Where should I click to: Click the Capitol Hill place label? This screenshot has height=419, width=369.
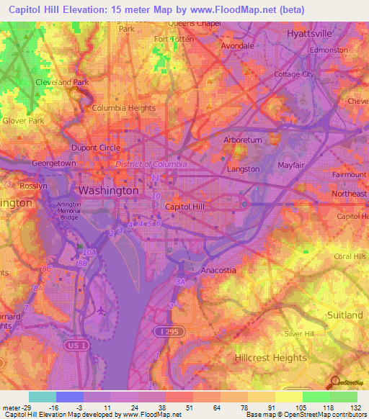click(185, 207)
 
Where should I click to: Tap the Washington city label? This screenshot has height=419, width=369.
click(108, 191)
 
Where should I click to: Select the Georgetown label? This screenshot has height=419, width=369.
click(54, 163)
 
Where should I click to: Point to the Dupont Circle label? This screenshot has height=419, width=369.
click(95, 148)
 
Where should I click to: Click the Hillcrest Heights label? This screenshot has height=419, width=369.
click(270, 357)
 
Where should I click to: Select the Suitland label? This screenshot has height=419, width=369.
click(344, 315)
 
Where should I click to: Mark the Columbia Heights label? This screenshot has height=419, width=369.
click(123, 108)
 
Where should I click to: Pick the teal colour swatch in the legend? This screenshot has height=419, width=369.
click(43, 397)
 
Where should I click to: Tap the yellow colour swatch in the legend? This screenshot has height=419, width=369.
click(289, 397)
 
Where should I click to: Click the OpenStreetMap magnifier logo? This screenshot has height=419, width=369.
click(333, 383)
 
